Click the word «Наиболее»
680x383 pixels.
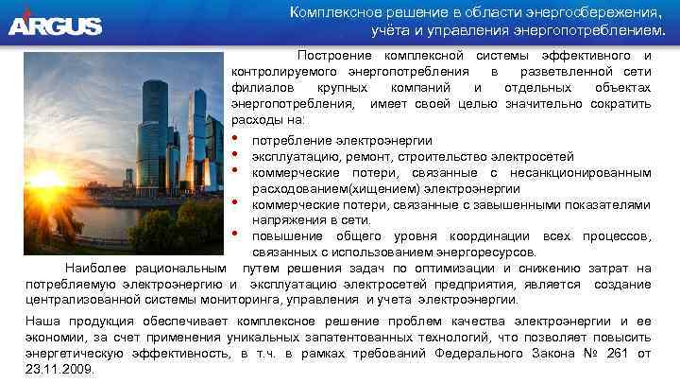(98, 268)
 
